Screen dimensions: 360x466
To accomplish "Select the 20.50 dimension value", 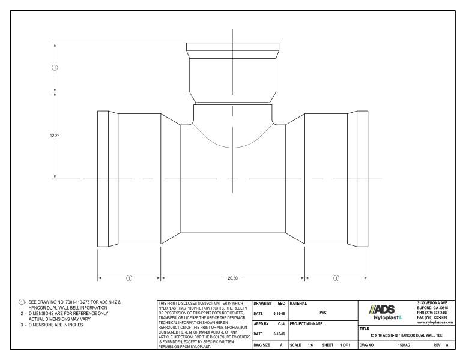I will click(x=232, y=278).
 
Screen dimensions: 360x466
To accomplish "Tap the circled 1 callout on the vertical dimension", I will click(x=55, y=67).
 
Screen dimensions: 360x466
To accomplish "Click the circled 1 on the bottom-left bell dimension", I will click(x=129, y=278).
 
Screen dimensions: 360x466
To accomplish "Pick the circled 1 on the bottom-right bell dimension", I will click(x=336, y=278).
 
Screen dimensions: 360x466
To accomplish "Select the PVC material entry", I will click(x=322, y=312).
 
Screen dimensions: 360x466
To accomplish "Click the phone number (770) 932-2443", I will click(x=435, y=313).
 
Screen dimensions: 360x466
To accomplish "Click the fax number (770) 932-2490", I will click(x=435, y=318).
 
